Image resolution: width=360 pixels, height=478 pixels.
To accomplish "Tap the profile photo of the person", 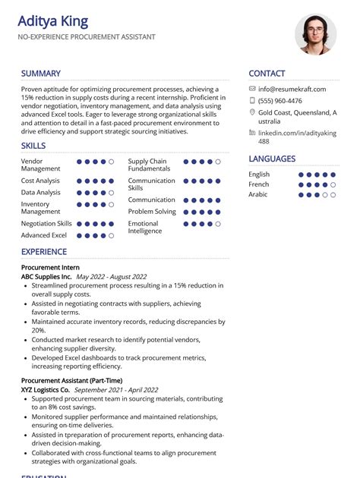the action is click(x=315, y=34).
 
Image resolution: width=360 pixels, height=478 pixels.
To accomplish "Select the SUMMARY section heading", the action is click(x=41, y=74).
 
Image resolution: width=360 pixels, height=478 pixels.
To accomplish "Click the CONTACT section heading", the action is click(x=267, y=74).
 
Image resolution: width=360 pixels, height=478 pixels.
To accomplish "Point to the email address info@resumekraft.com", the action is click(x=292, y=89).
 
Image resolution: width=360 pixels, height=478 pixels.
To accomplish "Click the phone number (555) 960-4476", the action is click(x=280, y=101).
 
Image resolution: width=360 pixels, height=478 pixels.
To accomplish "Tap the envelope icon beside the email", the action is click(x=252, y=89).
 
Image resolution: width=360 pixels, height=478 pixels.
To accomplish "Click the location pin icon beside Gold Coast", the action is click(x=252, y=112).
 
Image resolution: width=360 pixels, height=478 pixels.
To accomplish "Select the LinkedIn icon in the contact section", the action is click(x=252, y=132).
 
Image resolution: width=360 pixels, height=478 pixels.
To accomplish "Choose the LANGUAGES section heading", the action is click(x=272, y=159).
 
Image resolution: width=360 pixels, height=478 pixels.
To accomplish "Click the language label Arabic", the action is click(x=258, y=194).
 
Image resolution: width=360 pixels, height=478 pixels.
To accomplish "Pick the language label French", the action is click(x=259, y=184).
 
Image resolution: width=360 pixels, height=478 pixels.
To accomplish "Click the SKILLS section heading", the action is click(x=33, y=146).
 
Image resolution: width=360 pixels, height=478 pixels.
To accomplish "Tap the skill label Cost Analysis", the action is click(x=40, y=181).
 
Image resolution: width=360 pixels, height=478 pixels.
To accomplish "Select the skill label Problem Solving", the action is click(x=152, y=212).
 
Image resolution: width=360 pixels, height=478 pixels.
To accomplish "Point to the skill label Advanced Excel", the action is click(x=44, y=236).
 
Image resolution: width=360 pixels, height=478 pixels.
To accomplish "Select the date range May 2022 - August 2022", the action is click(x=112, y=277).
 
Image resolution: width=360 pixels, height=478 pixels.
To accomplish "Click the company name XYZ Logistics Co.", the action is click(x=46, y=389).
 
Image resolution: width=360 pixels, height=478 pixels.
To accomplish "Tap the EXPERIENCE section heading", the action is click(x=44, y=251).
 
